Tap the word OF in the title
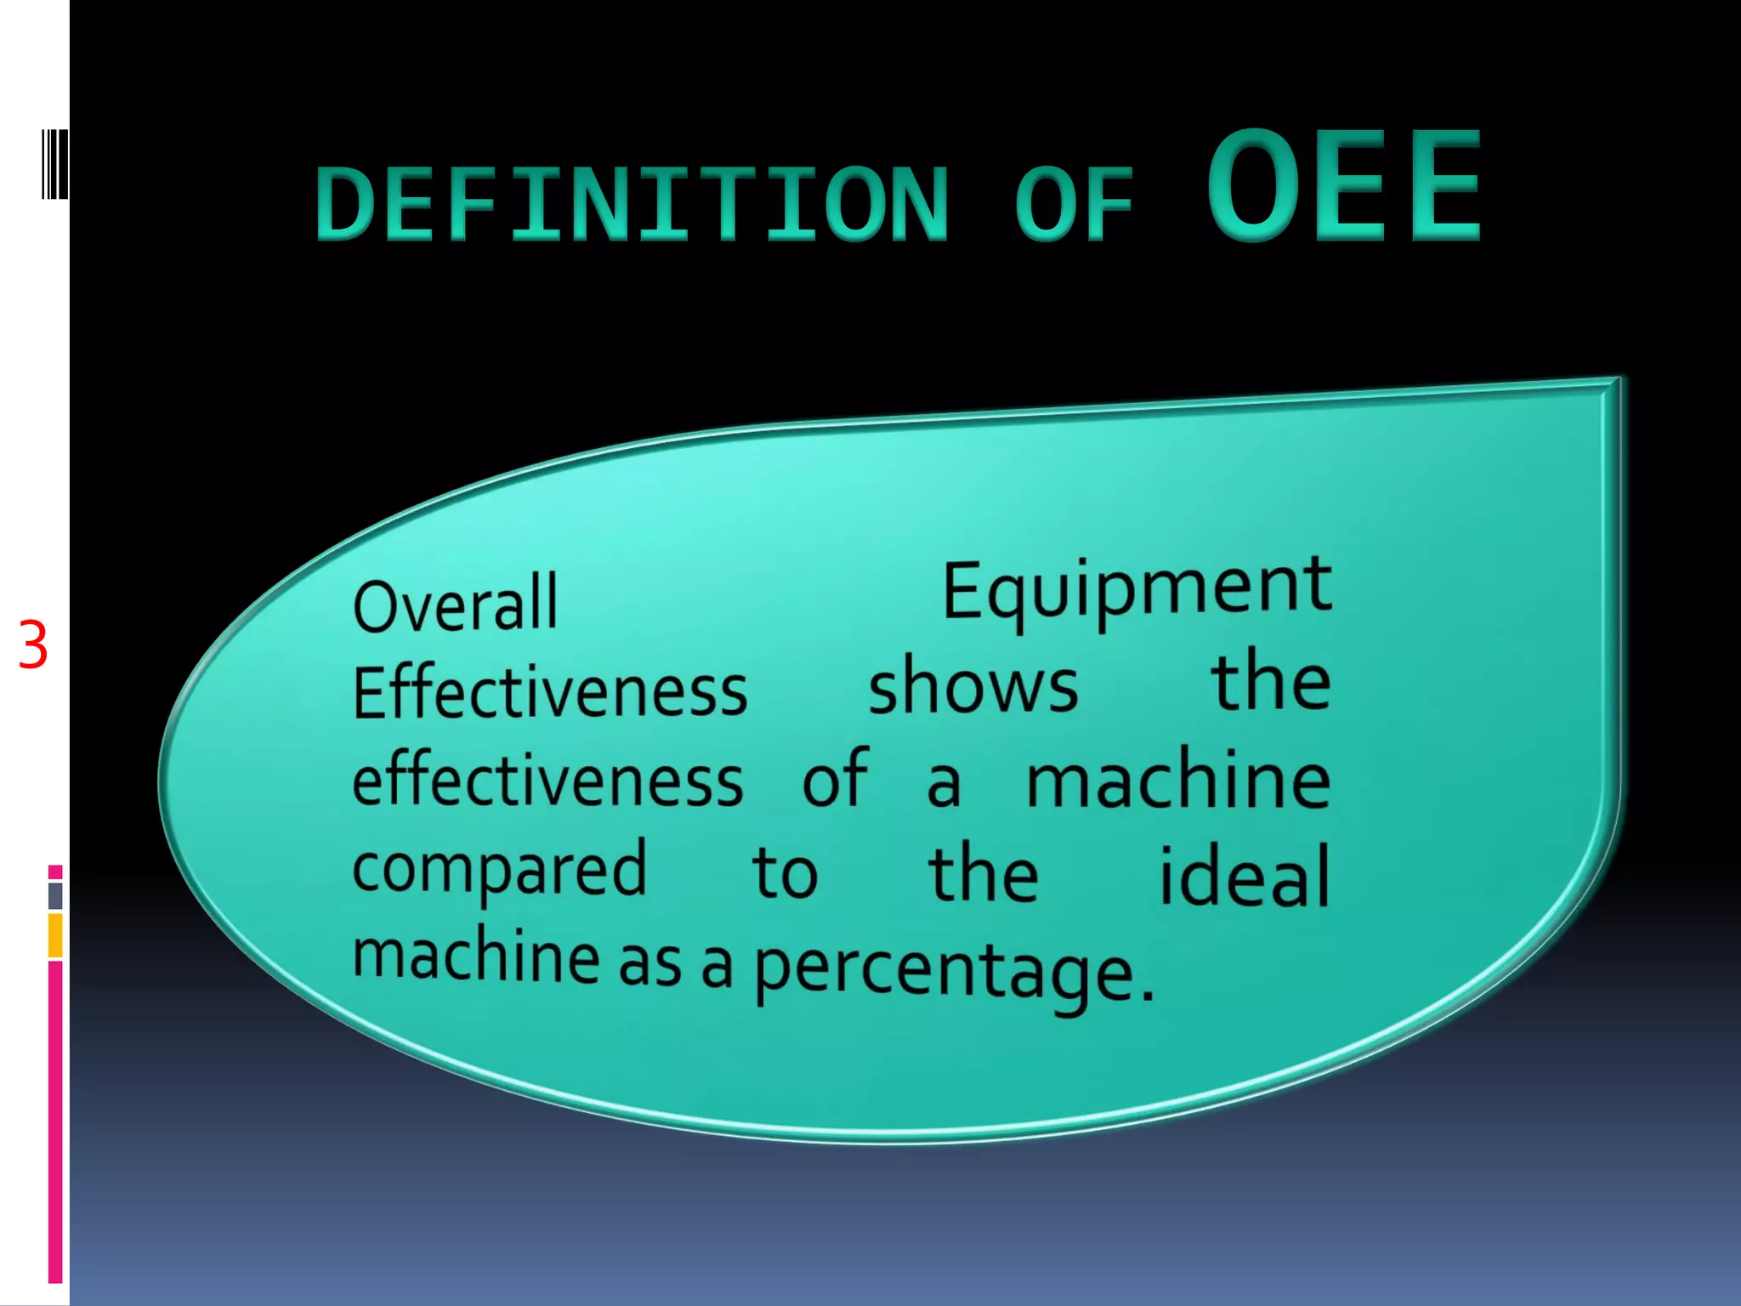[x=1075, y=204]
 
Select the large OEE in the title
[x=1345, y=185]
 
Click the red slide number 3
[x=33, y=646]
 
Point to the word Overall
[x=456, y=605]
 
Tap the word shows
[x=973, y=686]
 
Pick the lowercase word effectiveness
[x=548, y=781]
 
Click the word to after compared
[x=785, y=873]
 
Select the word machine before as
[x=476, y=957]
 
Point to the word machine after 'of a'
[x=1177, y=782]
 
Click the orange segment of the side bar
[x=55, y=935]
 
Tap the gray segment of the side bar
[x=55, y=895]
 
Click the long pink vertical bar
[x=55, y=1122]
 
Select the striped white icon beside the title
[x=54, y=164]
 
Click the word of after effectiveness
[x=836, y=778]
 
